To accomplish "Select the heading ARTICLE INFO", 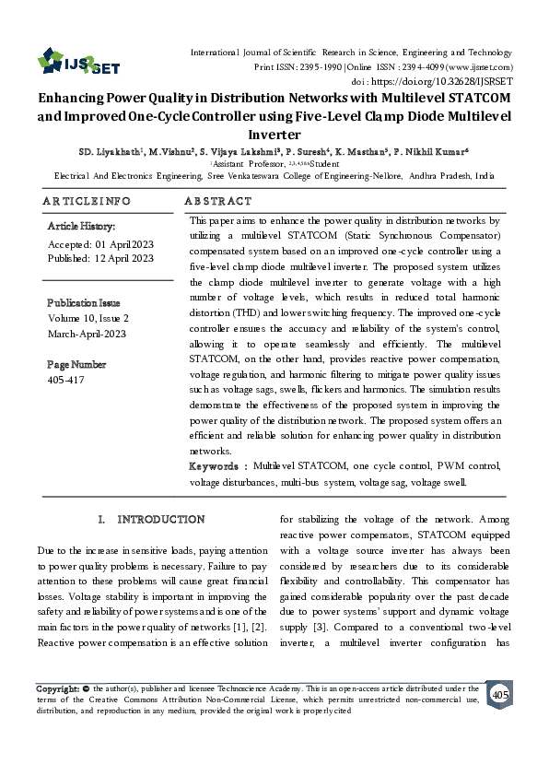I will pos(87,200).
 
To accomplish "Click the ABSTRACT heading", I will pos(218,200).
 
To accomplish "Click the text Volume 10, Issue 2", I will pos(88,318).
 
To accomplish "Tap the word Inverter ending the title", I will pos(275,133).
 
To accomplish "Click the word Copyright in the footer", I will pos(57,688).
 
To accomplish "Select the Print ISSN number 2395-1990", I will pos(318,67).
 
